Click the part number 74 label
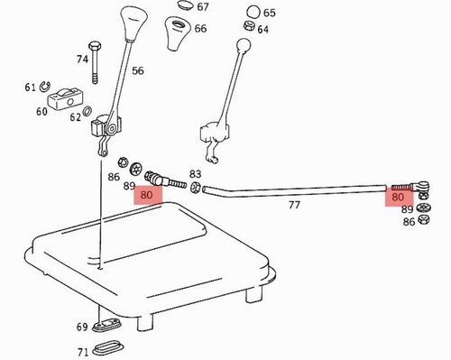point(82,59)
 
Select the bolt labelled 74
point(95,63)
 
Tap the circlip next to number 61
point(45,87)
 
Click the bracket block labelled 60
point(65,98)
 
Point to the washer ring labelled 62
point(87,111)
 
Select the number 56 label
point(138,71)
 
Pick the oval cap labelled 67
point(185,5)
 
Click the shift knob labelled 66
point(179,33)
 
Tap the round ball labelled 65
point(253,12)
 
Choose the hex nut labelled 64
point(249,26)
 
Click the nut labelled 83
point(195,187)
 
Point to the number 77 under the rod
point(294,205)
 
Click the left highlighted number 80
point(146,195)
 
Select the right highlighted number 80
point(398,198)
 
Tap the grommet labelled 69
point(106,326)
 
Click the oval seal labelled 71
point(108,348)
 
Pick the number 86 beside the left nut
point(114,177)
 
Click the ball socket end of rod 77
point(422,186)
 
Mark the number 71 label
point(83,352)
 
